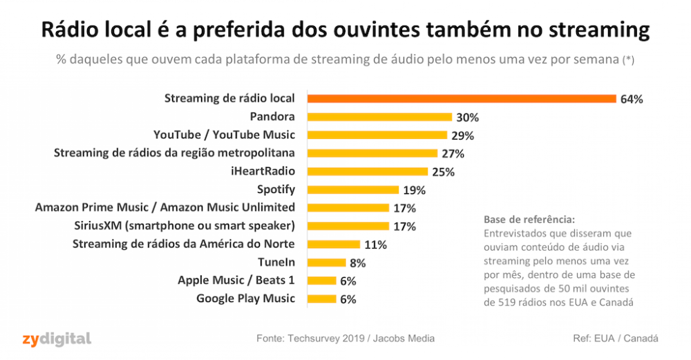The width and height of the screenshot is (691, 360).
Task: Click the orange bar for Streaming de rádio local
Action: (x=461, y=99)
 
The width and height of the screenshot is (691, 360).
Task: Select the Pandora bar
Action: (x=379, y=117)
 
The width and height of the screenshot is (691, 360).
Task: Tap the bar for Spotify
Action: (x=353, y=189)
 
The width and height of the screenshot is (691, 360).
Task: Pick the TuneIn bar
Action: (x=326, y=263)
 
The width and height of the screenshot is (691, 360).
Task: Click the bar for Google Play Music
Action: (x=321, y=299)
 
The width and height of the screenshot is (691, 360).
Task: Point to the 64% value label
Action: (x=632, y=99)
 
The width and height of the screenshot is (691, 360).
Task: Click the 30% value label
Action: (x=468, y=117)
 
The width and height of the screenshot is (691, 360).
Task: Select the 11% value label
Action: (x=376, y=245)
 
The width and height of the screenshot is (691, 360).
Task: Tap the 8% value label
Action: (x=357, y=263)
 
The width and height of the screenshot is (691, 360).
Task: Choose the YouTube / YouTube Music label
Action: (x=224, y=135)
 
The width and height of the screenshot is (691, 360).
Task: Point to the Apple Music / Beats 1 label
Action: (x=236, y=281)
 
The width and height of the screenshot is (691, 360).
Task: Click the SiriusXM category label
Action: (x=184, y=226)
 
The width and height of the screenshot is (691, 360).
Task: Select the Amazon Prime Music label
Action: (x=165, y=207)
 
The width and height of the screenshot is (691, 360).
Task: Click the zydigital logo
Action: (x=56, y=338)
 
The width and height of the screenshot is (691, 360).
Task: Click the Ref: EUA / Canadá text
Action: (x=616, y=339)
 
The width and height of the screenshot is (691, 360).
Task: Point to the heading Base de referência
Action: (x=529, y=220)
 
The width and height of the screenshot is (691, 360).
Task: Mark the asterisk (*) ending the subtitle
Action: (x=628, y=60)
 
